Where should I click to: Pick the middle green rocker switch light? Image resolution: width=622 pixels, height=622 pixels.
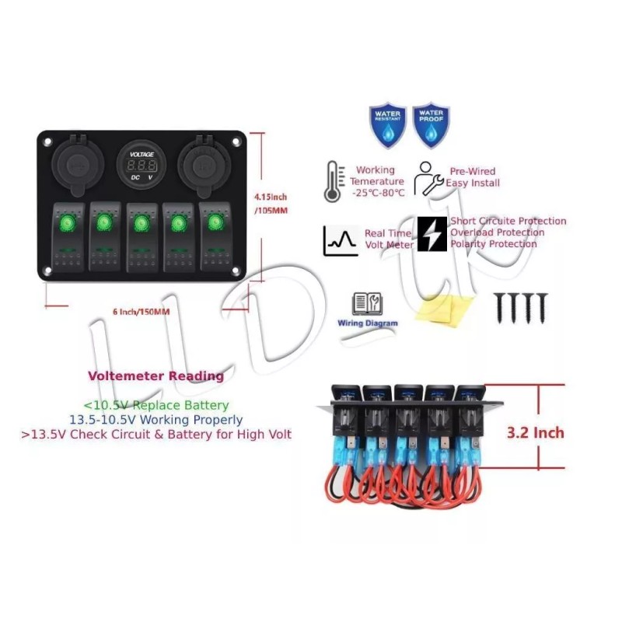point(141,225)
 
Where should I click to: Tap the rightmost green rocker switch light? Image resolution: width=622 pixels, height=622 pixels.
point(214,225)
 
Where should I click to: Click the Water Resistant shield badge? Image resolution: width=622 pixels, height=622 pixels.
point(387,124)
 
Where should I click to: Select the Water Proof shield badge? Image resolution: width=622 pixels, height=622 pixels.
point(430,124)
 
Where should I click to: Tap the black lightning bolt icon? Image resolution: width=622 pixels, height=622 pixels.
point(432,234)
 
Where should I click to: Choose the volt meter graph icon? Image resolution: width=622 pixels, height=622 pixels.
point(341,240)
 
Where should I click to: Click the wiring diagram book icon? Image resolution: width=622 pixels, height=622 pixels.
point(366,303)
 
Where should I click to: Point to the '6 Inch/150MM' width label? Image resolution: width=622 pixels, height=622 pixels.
point(141,312)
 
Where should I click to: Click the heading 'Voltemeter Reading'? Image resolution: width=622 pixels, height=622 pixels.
point(155,376)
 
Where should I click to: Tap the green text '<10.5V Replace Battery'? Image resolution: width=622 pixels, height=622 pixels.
point(155,405)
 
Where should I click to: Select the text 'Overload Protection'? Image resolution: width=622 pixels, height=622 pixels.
point(497,232)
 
